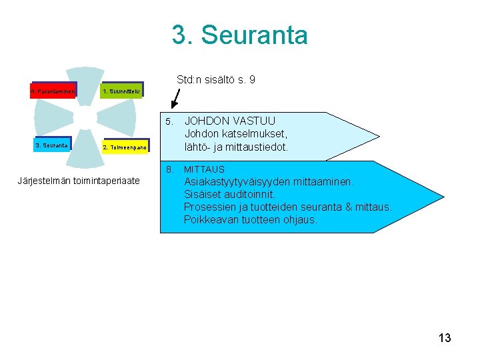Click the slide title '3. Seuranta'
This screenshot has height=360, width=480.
click(x=240, y=35)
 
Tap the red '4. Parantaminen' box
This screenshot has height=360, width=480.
click(x=54, y=90)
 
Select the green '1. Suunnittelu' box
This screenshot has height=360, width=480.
click(x=121, y=91)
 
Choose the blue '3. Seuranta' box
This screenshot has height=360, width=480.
click(x=52, y=144)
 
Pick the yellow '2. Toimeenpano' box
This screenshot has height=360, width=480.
click(x=125, y=145)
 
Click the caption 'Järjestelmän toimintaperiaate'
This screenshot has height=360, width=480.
click(x=79, y=181)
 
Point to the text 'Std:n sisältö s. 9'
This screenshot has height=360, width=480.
click(x=215, y=80)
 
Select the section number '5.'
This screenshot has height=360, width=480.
click(x=170, y=121)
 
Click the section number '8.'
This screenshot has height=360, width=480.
click(x=170, y=169)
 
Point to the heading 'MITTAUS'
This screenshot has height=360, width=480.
click(x=204, y=169)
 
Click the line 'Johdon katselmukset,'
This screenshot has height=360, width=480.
click(x=236, y=134)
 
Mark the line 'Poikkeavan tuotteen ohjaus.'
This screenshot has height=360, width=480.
click(x=251, y=219)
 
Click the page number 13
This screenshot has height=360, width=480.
click(x=445, y=338)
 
